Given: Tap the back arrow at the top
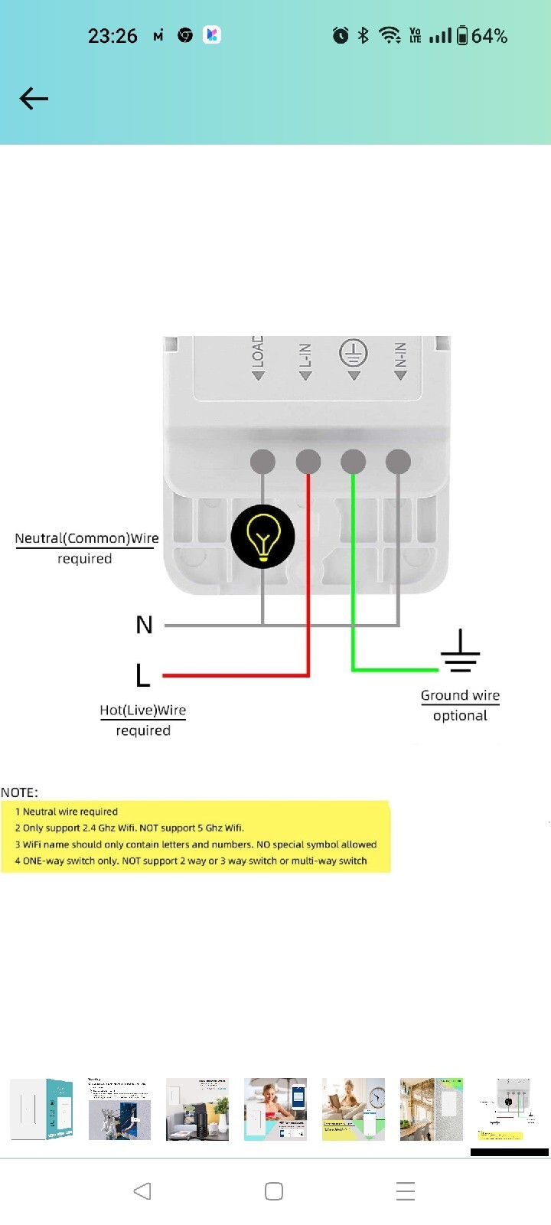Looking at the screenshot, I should tap(34, 99).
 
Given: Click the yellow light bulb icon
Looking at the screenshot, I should tap(262, 536).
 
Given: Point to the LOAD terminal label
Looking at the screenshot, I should tap(258, 354).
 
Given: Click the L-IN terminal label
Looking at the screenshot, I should tap(305, 359).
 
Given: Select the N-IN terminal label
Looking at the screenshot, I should tap(400, 358).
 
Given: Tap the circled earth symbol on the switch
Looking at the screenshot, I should tap(353, 353).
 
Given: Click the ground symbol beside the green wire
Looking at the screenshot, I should tap(460, 652).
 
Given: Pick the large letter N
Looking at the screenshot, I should tap(144, 626).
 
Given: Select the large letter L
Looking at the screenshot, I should tap(142, 676).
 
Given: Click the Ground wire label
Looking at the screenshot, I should tap(460, 695).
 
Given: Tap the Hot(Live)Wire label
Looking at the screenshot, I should tap(143, 710).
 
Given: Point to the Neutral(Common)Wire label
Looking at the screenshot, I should tap(87, 538).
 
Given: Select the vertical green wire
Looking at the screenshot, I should tap(353, 574).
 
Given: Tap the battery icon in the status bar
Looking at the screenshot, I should tap(462, 35).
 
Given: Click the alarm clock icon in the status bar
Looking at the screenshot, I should tap(341, 35).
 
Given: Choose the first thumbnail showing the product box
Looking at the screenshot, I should tap(41, 1109).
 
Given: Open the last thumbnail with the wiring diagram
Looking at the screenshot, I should tap(509, 1109).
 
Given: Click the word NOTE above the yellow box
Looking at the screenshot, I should tap(20, 792).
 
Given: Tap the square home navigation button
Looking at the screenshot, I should tap(274, 1191).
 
